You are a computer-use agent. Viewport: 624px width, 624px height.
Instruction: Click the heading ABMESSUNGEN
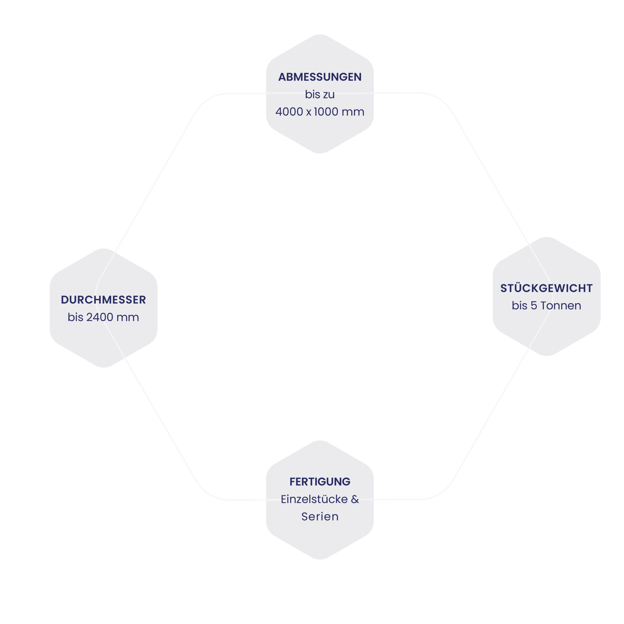(x=320, y=77)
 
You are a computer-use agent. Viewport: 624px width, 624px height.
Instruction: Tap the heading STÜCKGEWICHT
(x=546, y=288)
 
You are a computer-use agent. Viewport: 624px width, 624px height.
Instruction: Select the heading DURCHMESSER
(x=103, y=300)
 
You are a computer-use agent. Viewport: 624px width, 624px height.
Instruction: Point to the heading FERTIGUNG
(x=320, y=482)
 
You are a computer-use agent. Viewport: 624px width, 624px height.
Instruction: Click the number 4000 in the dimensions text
(x=289, y=112)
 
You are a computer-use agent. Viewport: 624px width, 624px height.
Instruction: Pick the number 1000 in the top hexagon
(x=326, y=112)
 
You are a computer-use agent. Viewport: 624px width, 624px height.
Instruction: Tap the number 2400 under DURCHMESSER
(x=99, y=317)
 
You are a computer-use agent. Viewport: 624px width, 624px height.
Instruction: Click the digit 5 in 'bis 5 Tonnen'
(x=534, y=305)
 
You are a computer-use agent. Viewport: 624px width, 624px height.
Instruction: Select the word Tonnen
(x=561, y=305)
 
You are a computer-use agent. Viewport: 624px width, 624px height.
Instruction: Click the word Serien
(x=320, y=517)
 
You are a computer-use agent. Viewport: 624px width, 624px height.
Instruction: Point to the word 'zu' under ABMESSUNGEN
(x=328, y=94)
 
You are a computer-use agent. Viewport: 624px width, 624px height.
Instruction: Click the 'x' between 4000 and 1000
(x=309, y=112)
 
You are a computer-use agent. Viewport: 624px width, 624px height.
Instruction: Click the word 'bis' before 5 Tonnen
(x=519, y=305)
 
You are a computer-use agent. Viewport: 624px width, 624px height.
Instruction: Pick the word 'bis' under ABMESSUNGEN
(x=312, y=94)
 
